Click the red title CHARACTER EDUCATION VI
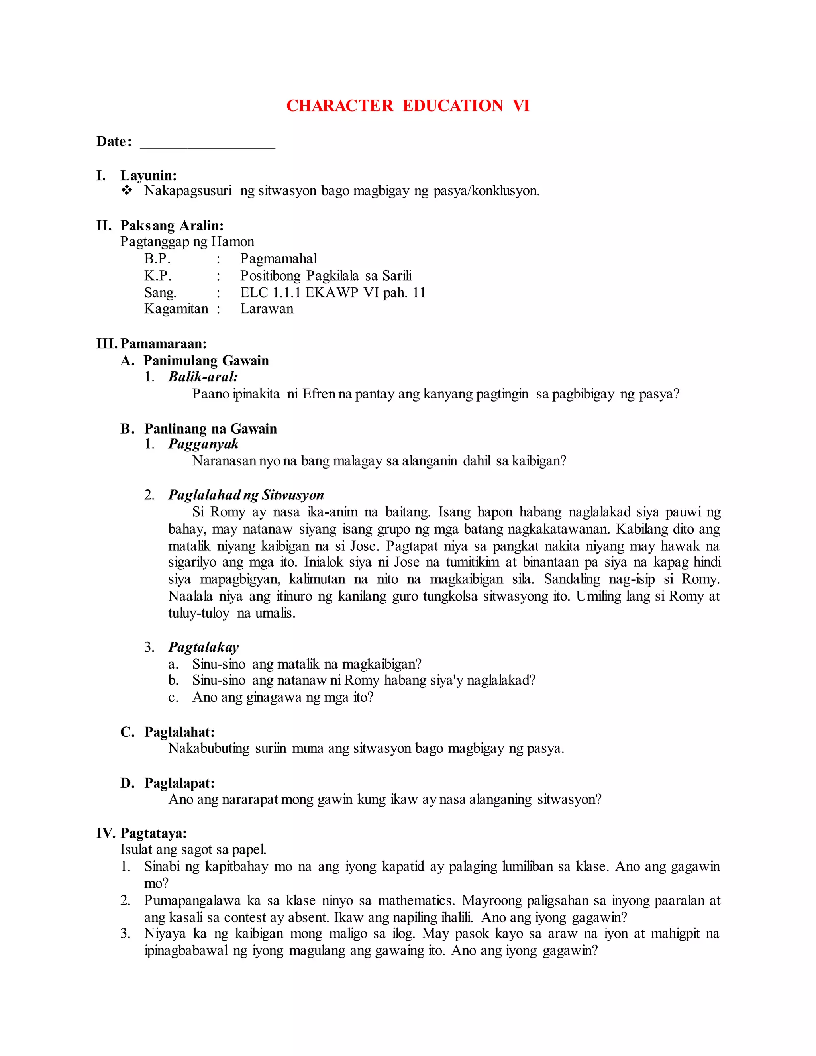pos(408,106)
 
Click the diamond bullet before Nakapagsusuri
pos(127,190)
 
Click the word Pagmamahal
pos(279,259)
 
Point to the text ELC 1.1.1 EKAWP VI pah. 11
pos(333,292)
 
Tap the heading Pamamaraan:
pos(163,344)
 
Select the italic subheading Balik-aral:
pos(203,377)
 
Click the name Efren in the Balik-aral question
pos(319,394)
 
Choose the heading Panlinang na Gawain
pos(210,429)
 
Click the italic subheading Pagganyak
pos(203,444)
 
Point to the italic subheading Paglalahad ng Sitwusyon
pos(245,495)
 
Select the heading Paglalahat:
pos(179,732)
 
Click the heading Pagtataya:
pos(153,833)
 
